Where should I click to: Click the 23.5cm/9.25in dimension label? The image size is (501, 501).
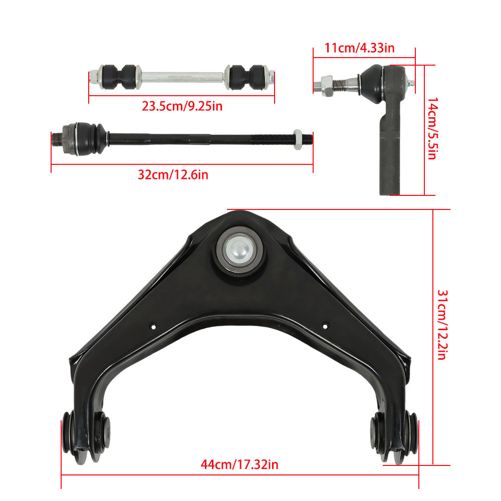182,106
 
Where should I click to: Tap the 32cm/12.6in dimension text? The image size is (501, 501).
173,175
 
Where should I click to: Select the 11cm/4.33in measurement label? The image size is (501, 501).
359,48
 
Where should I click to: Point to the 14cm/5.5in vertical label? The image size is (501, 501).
432,128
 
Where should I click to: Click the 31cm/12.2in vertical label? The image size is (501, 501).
442,325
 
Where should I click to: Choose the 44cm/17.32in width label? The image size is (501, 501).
239,464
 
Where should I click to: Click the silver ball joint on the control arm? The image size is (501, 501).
239,249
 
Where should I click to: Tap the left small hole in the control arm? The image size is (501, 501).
153,327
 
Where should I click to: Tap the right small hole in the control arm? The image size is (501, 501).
325,326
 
